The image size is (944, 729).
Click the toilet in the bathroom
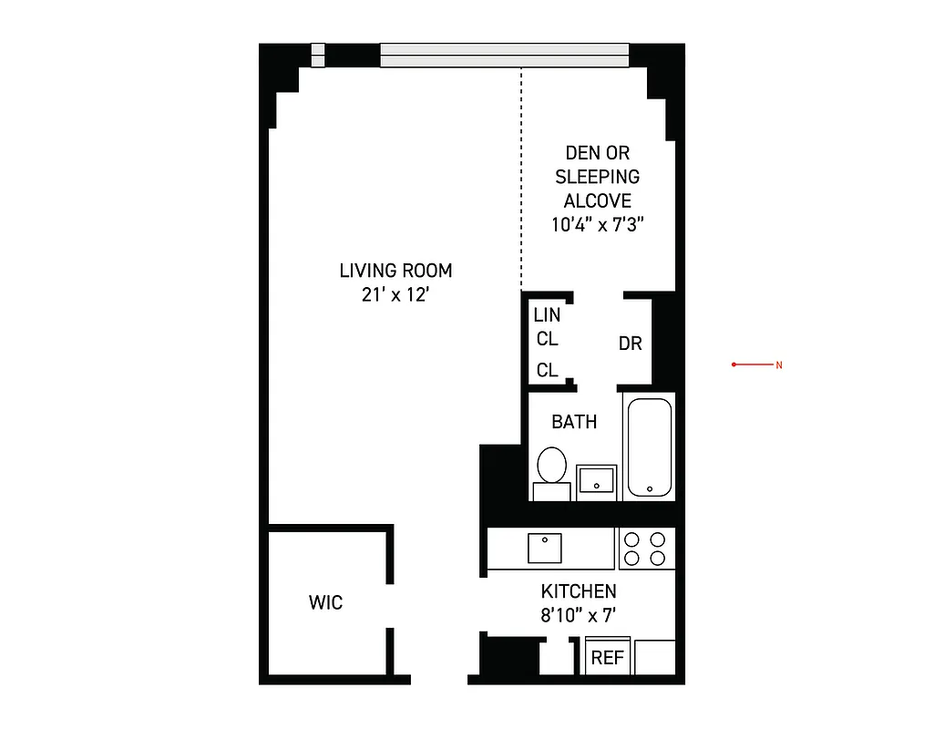(551, 466)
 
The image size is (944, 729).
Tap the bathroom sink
(597, 480)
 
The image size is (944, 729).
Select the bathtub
(649, 447)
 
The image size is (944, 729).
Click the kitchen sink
(545, 548)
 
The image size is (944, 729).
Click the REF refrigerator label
(607, 658)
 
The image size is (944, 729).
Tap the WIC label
(325, 602)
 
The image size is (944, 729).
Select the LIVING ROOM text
(395, 271)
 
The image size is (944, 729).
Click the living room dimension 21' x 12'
(395, 294)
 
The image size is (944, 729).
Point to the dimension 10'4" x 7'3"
(598, 224)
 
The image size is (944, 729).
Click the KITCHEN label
(579, 591)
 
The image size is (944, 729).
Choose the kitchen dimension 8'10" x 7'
(579, 615)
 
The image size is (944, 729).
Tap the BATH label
(574, 421)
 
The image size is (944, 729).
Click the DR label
(631, 344)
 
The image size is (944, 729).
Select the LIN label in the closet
(547, 316)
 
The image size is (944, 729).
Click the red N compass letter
(779, 365)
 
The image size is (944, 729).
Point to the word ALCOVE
(598, 200)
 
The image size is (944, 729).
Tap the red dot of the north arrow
(734, 364)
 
